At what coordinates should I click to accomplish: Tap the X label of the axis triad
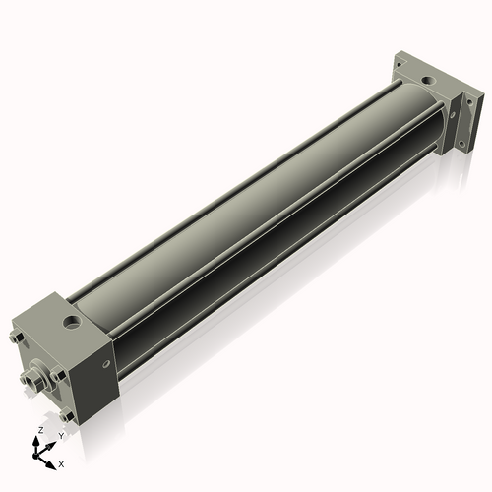coord(61,461)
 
